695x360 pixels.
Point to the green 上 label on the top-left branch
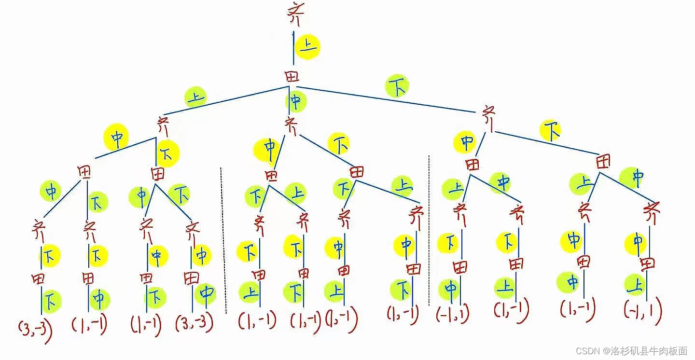pos(195,98)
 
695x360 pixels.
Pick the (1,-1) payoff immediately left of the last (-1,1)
pos(578,307)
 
